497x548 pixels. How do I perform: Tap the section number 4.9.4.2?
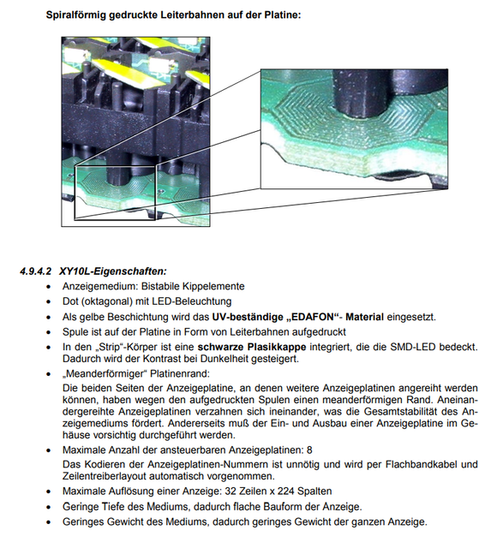tap(36, 271)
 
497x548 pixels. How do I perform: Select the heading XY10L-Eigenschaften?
tap(113, 271)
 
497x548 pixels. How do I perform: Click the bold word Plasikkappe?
tap(277, 348)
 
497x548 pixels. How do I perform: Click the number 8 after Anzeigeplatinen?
tap(309, 450)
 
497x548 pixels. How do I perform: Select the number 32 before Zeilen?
tap(231, 491)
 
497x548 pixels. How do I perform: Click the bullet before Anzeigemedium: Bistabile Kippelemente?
tap(49, 287)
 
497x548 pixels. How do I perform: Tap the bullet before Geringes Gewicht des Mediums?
tap(49, 522)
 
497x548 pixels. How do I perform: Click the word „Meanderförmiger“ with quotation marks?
tap(105, 374)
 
